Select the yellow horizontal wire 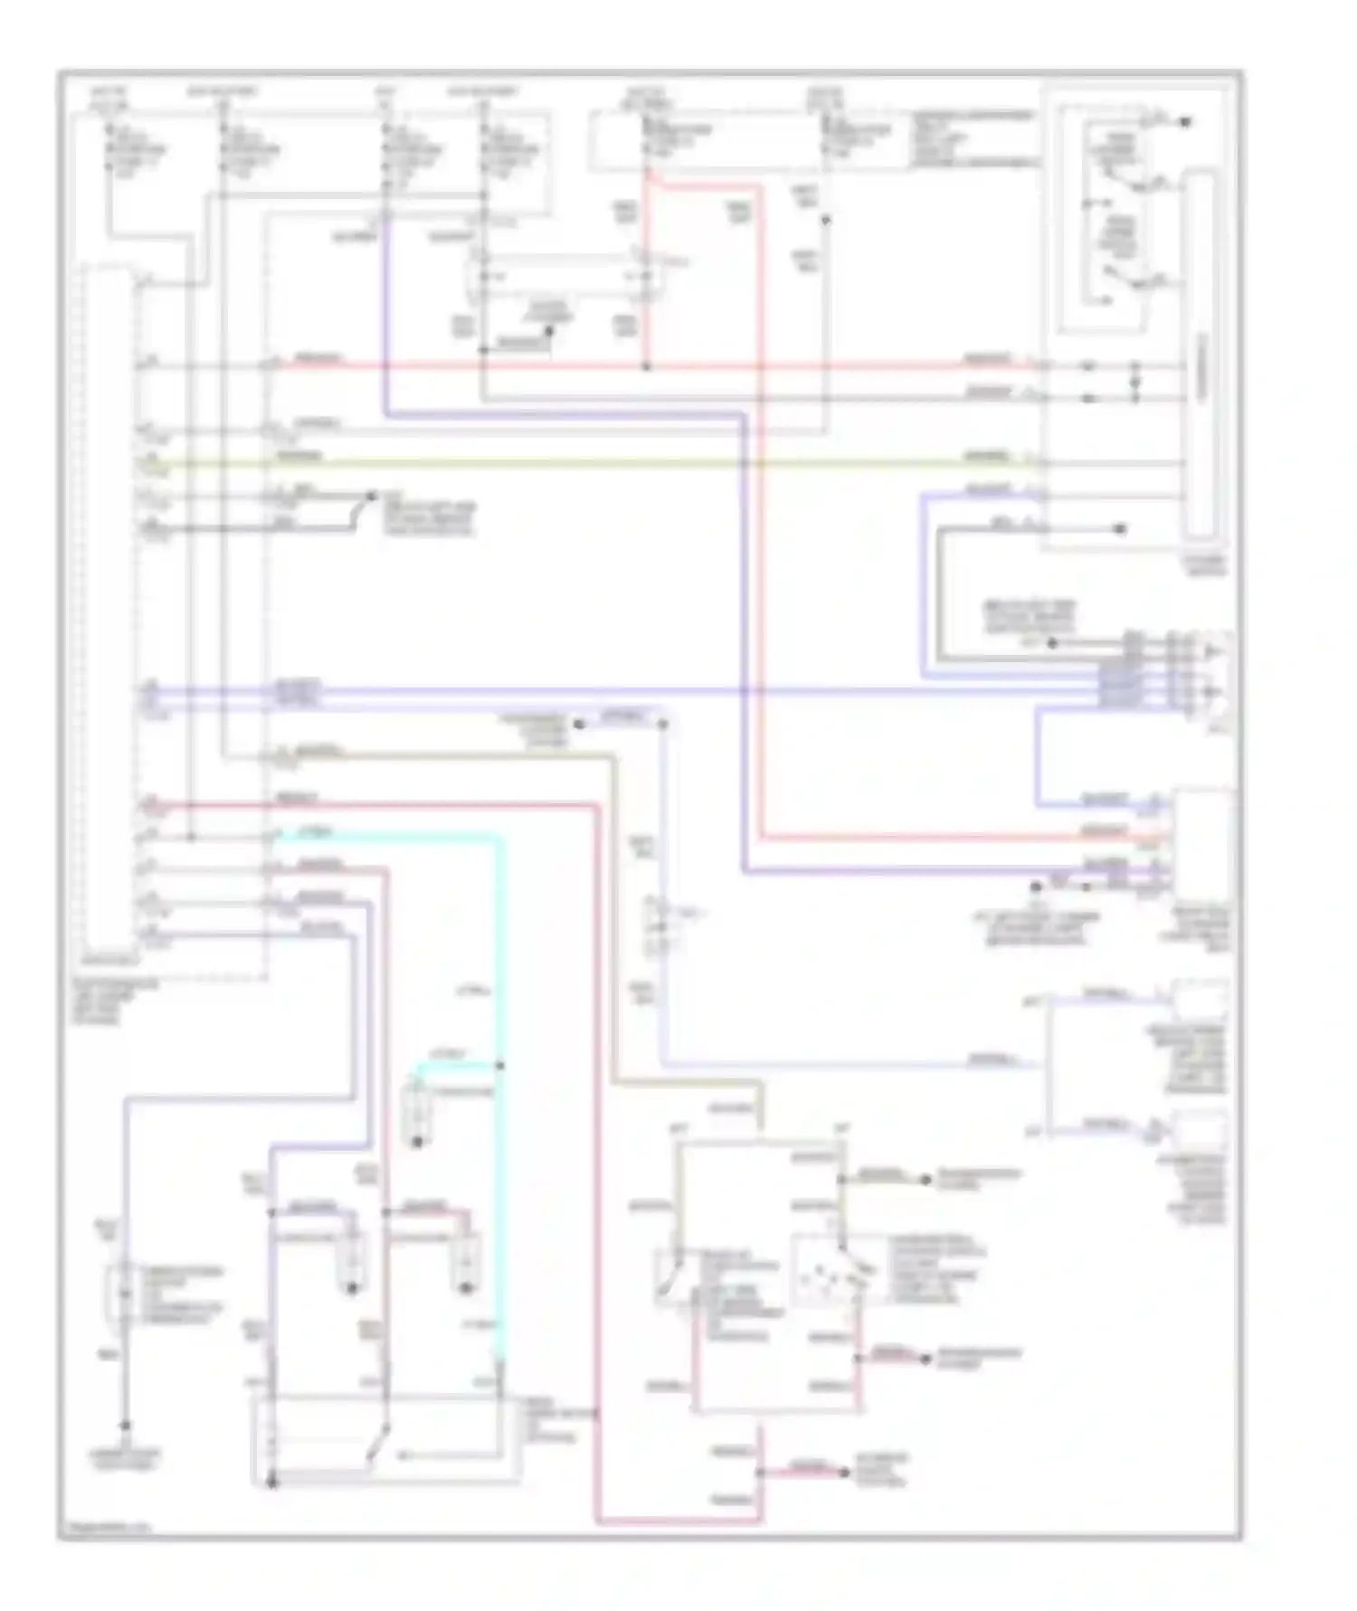[x=633, y=464]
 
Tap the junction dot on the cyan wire [x=500, y=1066]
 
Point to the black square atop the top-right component [x=1185, y=121]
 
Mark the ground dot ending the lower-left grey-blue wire [x=126, y=1425]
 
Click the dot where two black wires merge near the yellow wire [x=371, y=496]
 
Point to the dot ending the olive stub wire [x=925, y=1180]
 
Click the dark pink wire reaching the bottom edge [x=597, y=1176]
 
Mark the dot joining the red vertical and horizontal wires [x=646, y=366]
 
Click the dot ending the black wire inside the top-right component [x=1120, y=528]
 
